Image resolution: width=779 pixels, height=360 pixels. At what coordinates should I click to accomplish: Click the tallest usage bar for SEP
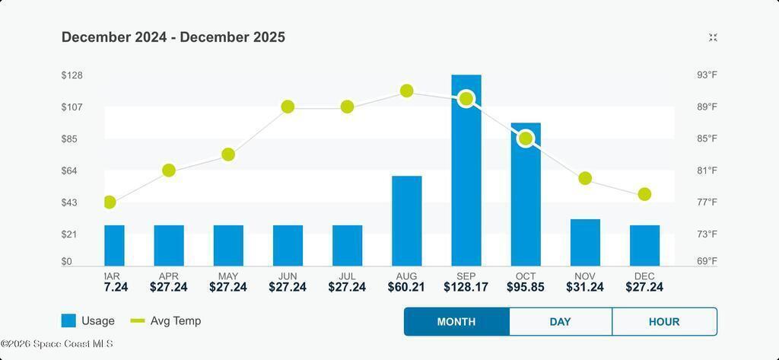coord(466,175)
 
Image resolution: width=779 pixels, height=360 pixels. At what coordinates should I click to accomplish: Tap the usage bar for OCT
coord(526,198)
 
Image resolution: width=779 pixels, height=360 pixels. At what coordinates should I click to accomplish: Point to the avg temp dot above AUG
coord(407,91)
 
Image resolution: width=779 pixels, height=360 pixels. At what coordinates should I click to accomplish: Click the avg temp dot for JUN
coord(288,107)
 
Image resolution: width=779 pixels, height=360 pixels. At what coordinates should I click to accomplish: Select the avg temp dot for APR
coord(169,170)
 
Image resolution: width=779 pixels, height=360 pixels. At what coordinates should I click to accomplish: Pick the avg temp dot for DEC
coord(644,194)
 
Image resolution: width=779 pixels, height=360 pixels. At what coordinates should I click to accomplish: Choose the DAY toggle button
coord(560,321)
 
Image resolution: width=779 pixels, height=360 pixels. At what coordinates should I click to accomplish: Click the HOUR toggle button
coord(664,321)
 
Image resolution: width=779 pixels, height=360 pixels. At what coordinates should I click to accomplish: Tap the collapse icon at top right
coord(713,37)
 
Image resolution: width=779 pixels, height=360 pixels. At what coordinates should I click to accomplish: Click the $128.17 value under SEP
coord(466,287)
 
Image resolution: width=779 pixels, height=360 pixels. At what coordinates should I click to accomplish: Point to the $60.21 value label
coord(407,287)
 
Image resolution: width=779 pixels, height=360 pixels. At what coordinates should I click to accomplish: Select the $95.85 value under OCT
coord(526,287)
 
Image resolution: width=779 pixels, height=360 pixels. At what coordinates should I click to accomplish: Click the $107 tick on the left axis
coord(72,107)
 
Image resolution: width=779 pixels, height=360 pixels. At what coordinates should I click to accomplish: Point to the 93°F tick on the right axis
coord(707,75)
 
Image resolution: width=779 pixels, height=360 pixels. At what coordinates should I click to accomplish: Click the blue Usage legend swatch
coord(68,321)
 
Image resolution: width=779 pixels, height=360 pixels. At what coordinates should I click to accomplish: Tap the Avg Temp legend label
coord(176,321)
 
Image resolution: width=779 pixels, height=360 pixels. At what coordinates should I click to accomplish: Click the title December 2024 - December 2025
coord(173,37)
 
